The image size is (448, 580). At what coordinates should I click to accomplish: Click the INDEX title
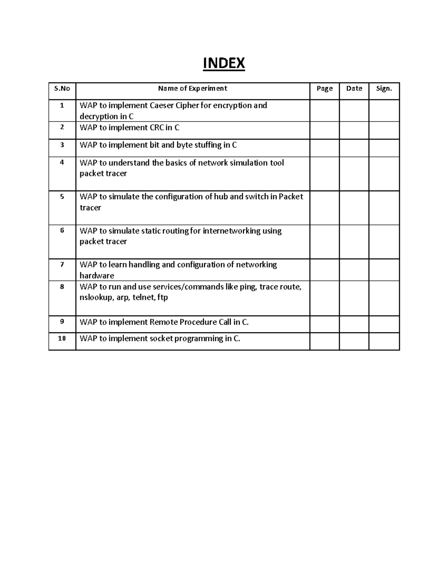click(224, 63)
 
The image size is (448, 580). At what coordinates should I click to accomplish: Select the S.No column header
click(62, 89)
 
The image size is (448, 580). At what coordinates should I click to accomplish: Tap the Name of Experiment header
click(192, 89)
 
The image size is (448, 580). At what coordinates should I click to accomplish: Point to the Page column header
click(324, 89)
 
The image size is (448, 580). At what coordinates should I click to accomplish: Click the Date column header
click(354, 89)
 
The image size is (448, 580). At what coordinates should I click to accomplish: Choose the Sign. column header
click(384, 89)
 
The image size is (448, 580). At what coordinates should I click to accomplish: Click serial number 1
click(62, 105)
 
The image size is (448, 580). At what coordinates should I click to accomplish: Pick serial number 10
click(62, 338)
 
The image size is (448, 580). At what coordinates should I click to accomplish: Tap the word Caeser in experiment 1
click(162, 105)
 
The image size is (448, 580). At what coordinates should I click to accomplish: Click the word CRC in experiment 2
click(156, 128)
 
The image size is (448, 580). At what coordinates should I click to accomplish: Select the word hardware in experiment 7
click(97, 276)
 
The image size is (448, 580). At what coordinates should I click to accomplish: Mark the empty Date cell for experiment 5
click(354, 208)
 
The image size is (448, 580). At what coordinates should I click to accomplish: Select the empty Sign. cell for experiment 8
click(384, 298)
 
